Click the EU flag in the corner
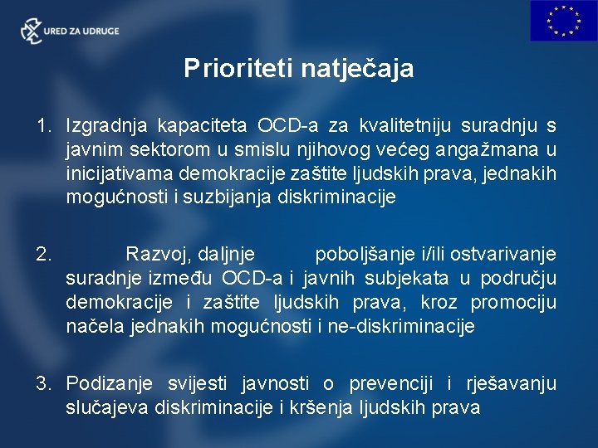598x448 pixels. tap(564, 21)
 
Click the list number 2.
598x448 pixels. tap(43, 254)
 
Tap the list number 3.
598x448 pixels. tap(43, 383)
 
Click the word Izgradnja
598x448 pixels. tap(104, 126)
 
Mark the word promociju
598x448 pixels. tap(513, 302)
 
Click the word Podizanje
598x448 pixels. tap(109, 383)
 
